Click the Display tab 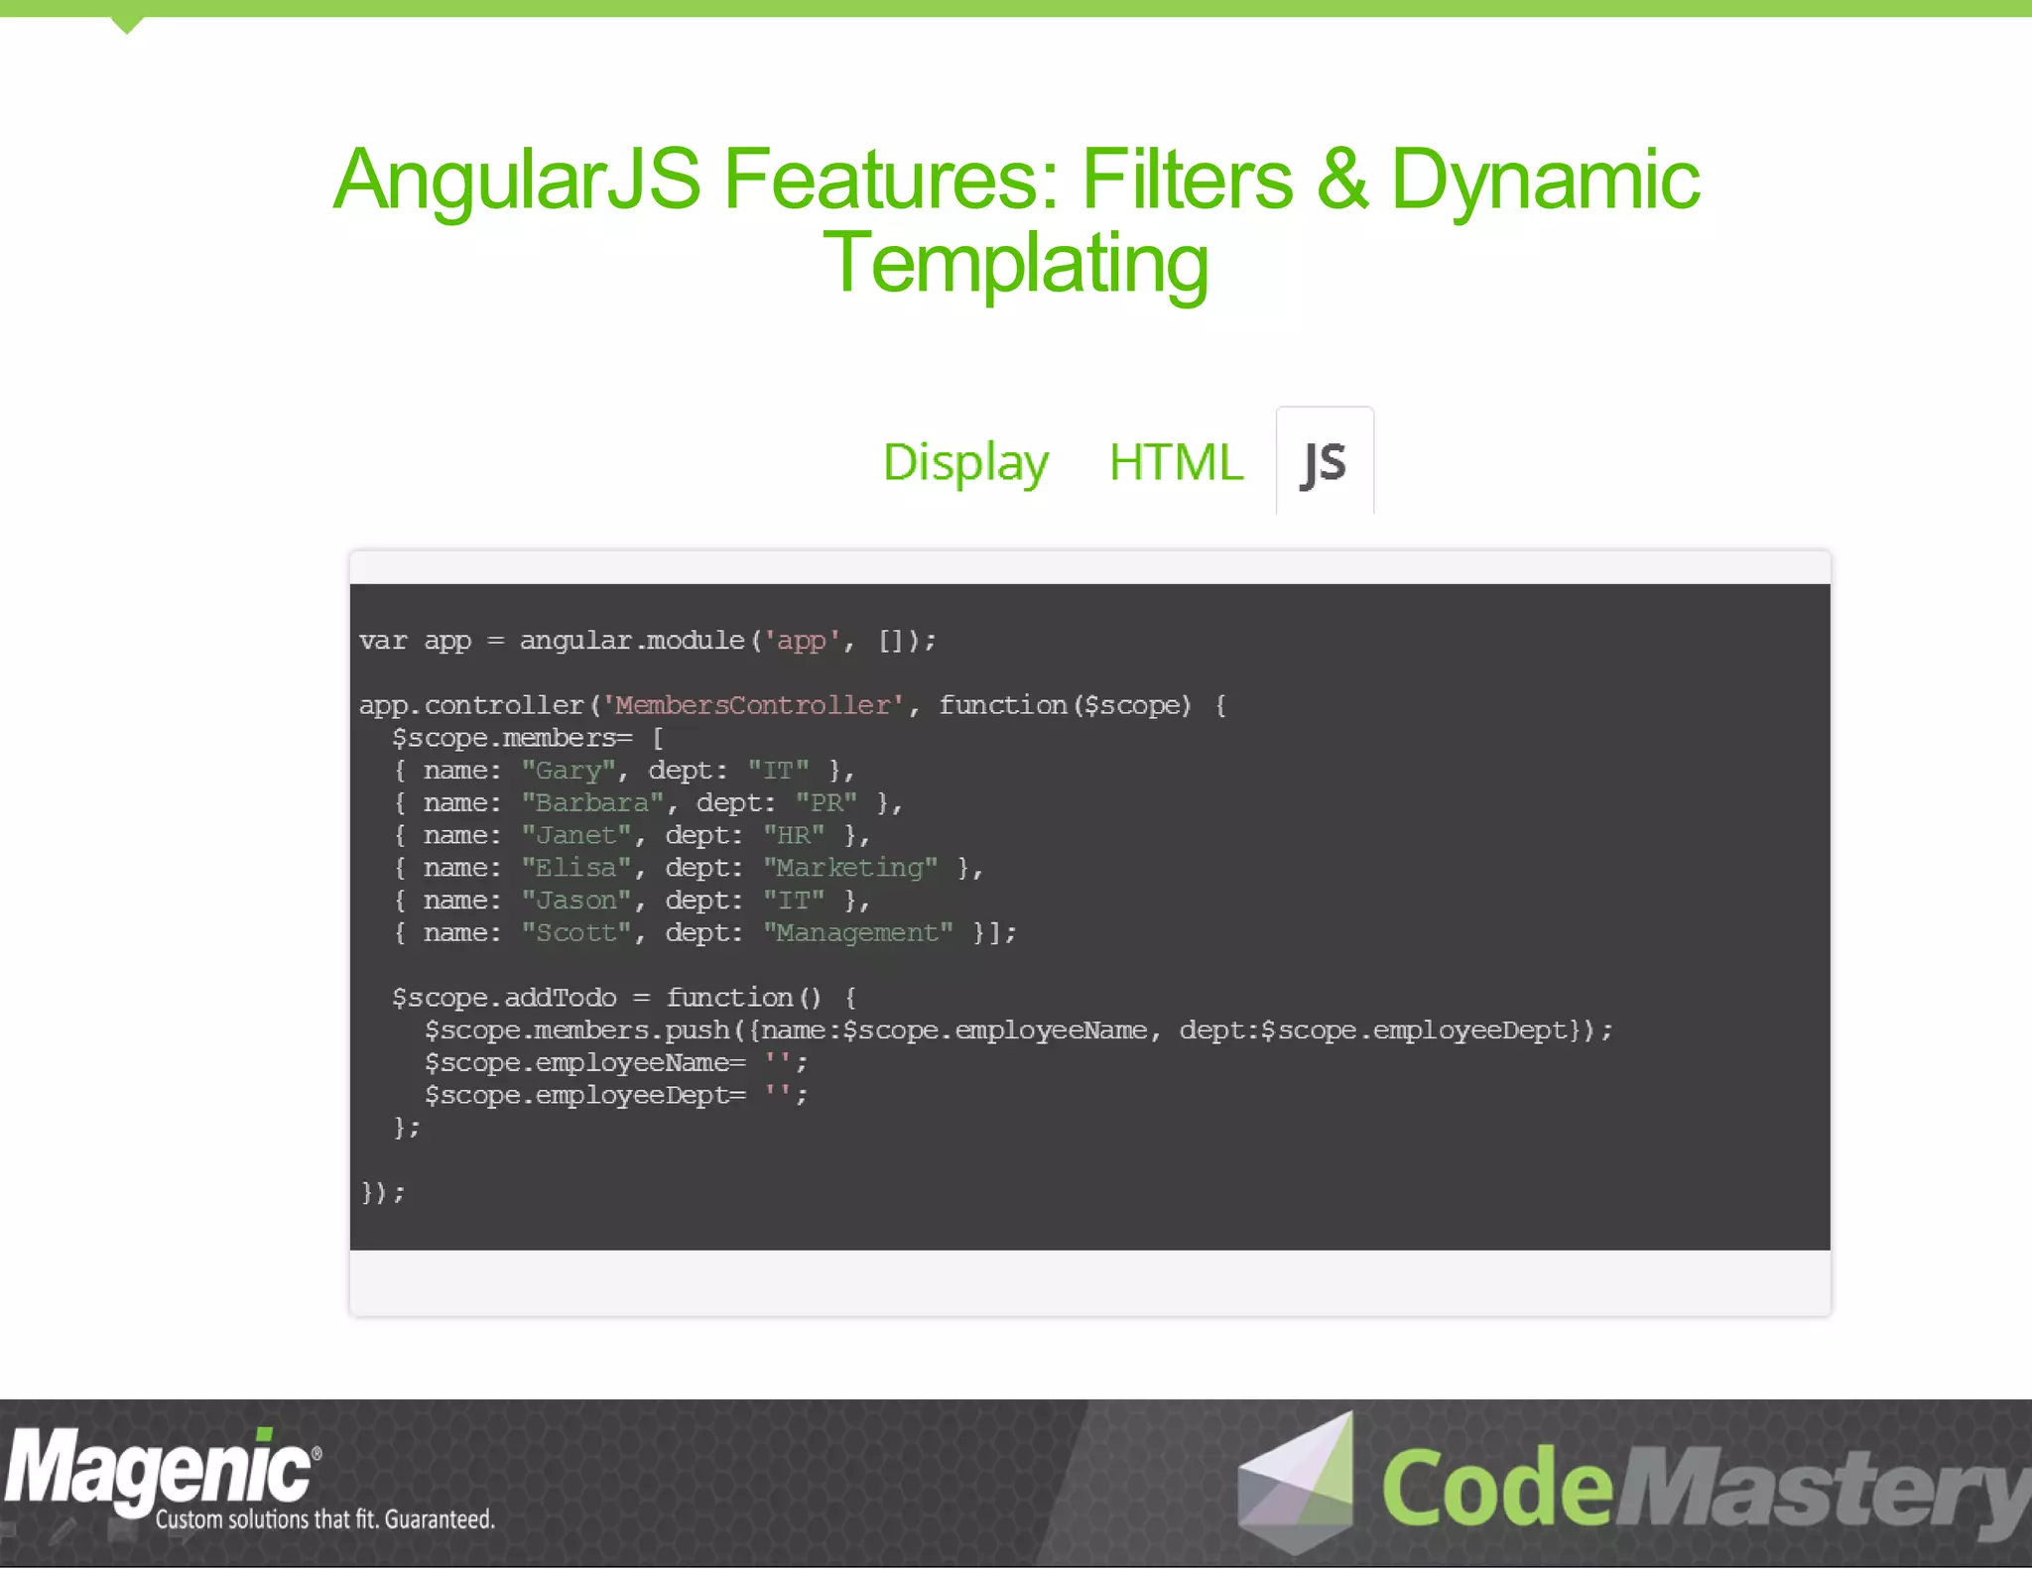pyautogui.click(x=965, y=462)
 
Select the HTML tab pyautogui.click(x=1176, y=462)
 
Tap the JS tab pyautogui.click(x=1325, y=462)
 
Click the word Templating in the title pyautogui.click(x=1016, y=264)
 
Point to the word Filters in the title pyautogui.click(x=1187, y=180)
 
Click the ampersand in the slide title pyautogui.click(x=1341, y=180)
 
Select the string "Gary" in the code pyautogui.click(x=569, y=771)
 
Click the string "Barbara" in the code pyautogui.click(x=592, y=803)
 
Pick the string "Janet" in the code pyautogui.click(x=576, y=836)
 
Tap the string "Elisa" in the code pyautogui.click(x=576, y=869)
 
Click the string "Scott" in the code pyautogui.click(x=576, y=933)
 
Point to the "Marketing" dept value pyautogui.click(x=850, y=869)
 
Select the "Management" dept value pyautogui.click(x=858, y=933)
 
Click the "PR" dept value pyautogui.click(x=826, y=803)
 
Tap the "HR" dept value pyautogui.click(x=794, y=836)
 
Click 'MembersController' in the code pyautogui.click(x=753, y=705)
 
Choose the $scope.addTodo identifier pyautogui.click(x=504, y=998)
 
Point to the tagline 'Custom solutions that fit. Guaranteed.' pyautogui.click(x=324, y=1519)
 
